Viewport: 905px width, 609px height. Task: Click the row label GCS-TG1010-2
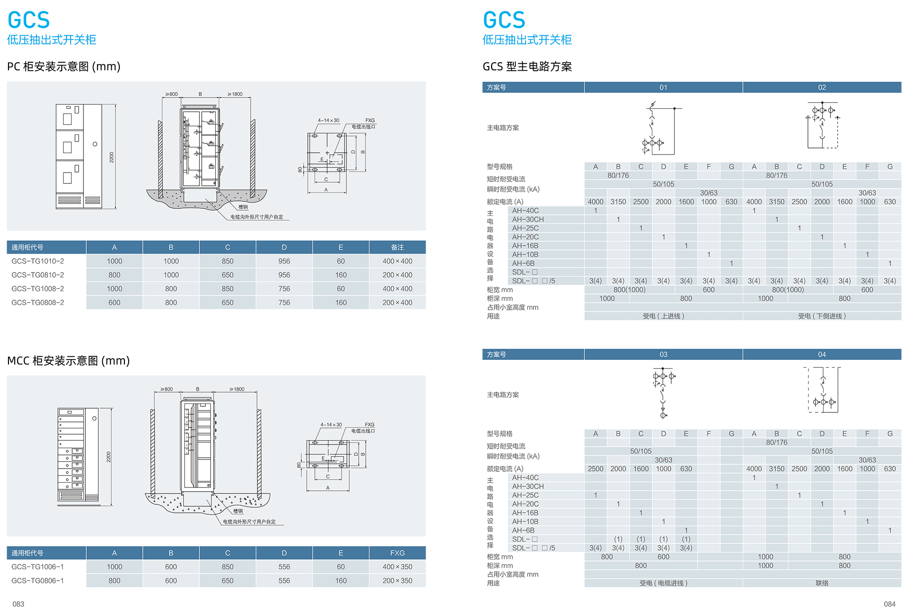coord(38,261)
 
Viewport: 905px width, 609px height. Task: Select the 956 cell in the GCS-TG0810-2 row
coord(284,275)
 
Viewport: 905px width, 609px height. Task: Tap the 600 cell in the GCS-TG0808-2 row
coord(114,303)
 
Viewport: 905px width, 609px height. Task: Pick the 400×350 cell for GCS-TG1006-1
coord(397,567)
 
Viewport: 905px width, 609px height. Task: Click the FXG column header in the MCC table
coord(397,553)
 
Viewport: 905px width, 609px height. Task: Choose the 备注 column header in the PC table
coord(397,247)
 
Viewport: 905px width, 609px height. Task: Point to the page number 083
coord(18,604)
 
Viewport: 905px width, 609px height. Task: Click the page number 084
coord(889,604)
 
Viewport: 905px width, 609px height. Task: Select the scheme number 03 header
coord(663,354)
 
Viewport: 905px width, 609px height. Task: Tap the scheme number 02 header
coord(822,88)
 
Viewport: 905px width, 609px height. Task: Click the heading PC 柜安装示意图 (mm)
coord(64,66)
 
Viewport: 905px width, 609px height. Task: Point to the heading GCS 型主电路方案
coord(527,66)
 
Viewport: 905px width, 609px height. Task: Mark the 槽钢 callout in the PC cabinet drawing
coord(243,207)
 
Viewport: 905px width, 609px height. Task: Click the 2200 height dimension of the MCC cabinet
coord(108,457)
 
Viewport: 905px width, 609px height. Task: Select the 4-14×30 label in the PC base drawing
coord(329,120)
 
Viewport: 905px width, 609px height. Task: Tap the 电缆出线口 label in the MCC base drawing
coord(363,431)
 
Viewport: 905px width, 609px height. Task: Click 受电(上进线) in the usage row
coord(663,316)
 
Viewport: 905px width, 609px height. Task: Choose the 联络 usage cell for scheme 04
coord(822,583)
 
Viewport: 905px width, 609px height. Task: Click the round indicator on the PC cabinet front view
coord(95,144)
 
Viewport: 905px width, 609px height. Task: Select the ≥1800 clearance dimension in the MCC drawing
coord(237,389)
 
